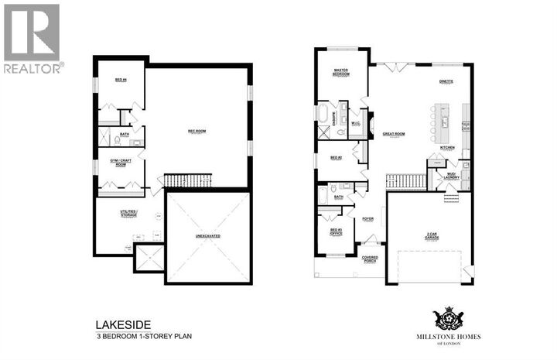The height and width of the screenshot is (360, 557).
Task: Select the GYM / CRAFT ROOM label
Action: point(121,163)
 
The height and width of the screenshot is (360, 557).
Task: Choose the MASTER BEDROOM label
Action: point(340,72)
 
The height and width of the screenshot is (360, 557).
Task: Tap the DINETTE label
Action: point(445,81)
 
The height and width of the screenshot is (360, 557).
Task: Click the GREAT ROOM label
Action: point(394,134)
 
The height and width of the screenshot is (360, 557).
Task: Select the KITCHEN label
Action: point(447,147)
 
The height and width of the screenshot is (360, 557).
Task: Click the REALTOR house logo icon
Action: point(31,31)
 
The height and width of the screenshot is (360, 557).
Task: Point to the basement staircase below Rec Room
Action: point(183,181)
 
